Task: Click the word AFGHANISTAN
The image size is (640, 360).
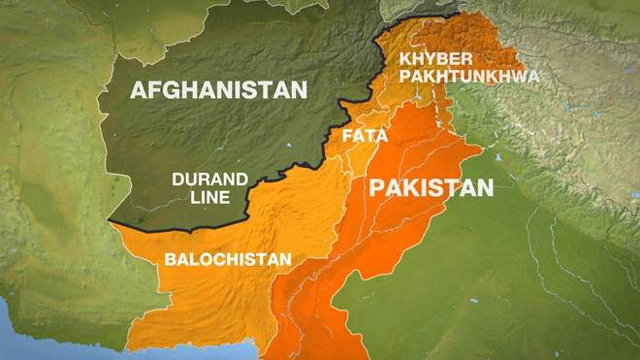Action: point(218,90)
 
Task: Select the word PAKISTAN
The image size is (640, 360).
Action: point(431,186)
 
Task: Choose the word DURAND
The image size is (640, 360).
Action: point(209,179)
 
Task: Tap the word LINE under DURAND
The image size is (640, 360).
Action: point(208,198)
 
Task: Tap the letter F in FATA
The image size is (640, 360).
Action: point(344,135)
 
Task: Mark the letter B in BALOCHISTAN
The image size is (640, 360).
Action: point(170,259)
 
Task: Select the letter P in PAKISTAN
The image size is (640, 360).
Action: point(377,186)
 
